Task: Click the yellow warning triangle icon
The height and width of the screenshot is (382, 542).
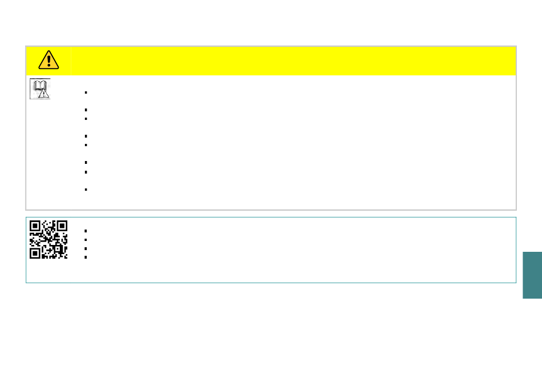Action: pos(49,59)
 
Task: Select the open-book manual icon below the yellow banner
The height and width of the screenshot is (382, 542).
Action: pos(39,88)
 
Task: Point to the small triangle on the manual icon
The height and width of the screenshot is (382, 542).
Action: pos(43,94)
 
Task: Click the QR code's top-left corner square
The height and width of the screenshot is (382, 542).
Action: pos(35,226)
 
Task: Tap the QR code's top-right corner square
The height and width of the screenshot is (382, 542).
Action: pos(62,226)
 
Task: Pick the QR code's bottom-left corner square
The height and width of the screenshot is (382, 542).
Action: pos(35,252)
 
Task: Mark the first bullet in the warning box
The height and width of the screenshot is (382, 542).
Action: pos(84,92)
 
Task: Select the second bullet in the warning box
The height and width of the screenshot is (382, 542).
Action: pos(84,110)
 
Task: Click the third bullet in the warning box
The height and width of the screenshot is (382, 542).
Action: pos(84,118)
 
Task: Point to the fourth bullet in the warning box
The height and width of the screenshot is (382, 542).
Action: pos(84,136)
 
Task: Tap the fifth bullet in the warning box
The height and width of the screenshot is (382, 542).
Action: pos(84,145)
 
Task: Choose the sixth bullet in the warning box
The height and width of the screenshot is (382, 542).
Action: pos(84,163)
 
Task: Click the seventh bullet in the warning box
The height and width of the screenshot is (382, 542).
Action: pos(84,171)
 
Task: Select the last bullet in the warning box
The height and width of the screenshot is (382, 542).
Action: pos(84,189)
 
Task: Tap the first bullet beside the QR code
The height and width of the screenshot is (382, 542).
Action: pos(84,231)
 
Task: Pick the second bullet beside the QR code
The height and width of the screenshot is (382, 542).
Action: pos(84,240)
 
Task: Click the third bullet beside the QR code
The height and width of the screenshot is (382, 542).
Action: pos(84,248)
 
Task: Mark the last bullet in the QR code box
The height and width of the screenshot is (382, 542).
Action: pos(84,257)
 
